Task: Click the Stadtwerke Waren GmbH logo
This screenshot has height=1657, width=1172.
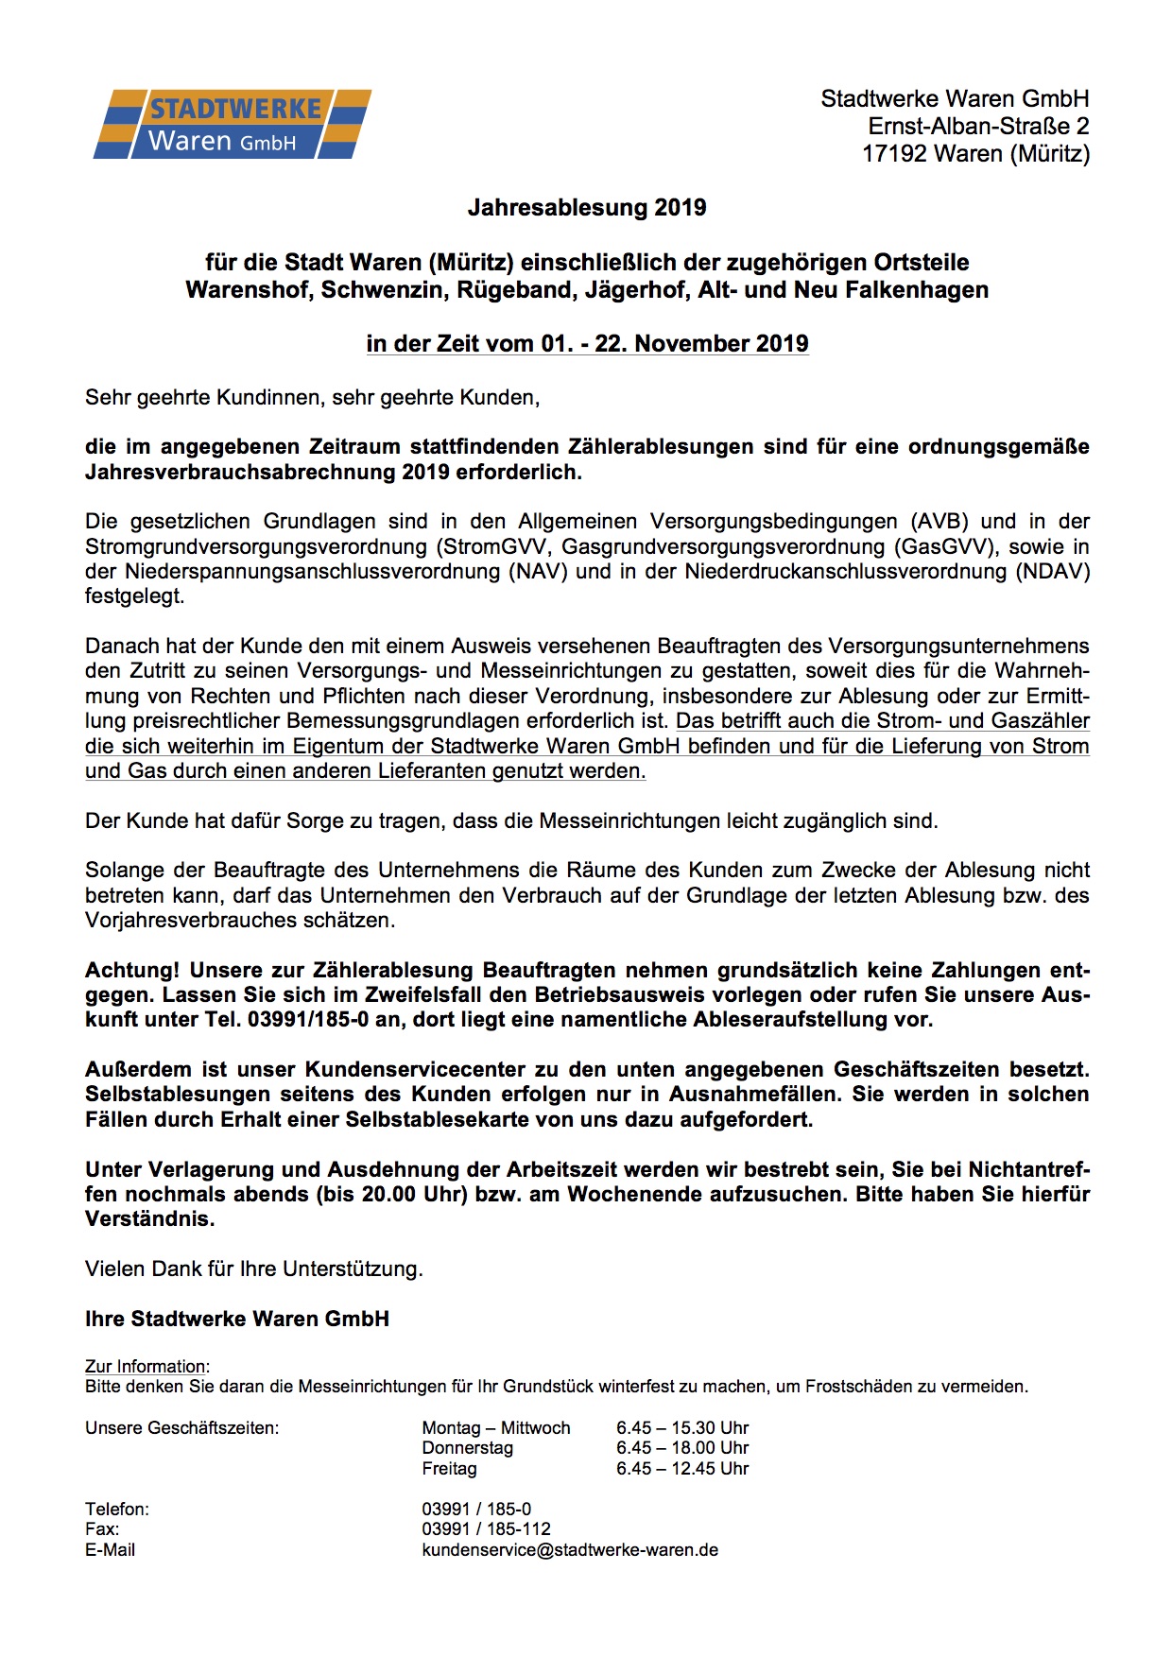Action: tap(232, 124)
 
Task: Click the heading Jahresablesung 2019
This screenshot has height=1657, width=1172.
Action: tap(586, 208)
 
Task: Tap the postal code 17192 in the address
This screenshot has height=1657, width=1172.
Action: tap(894, 153)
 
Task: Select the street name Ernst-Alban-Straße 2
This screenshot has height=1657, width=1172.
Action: tap(978, 126)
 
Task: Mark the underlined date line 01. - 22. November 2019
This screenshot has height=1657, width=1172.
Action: tap(674, 344)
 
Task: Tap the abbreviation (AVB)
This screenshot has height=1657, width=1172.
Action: tap(941, 522)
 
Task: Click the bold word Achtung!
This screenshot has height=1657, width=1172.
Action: tap(132, 971)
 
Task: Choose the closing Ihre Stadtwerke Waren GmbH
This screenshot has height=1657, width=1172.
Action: tap(237, 1320)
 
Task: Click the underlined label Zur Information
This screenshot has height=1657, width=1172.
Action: tap(146, 1367)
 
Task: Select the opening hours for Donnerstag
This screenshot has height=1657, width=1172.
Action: tap(681, 1448)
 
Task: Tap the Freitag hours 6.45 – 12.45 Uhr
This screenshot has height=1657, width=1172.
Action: tap(681, 1469)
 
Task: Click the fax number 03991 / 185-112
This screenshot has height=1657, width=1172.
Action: tap(486, 1529)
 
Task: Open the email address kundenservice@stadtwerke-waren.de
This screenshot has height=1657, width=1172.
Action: tap(570, 1550)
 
